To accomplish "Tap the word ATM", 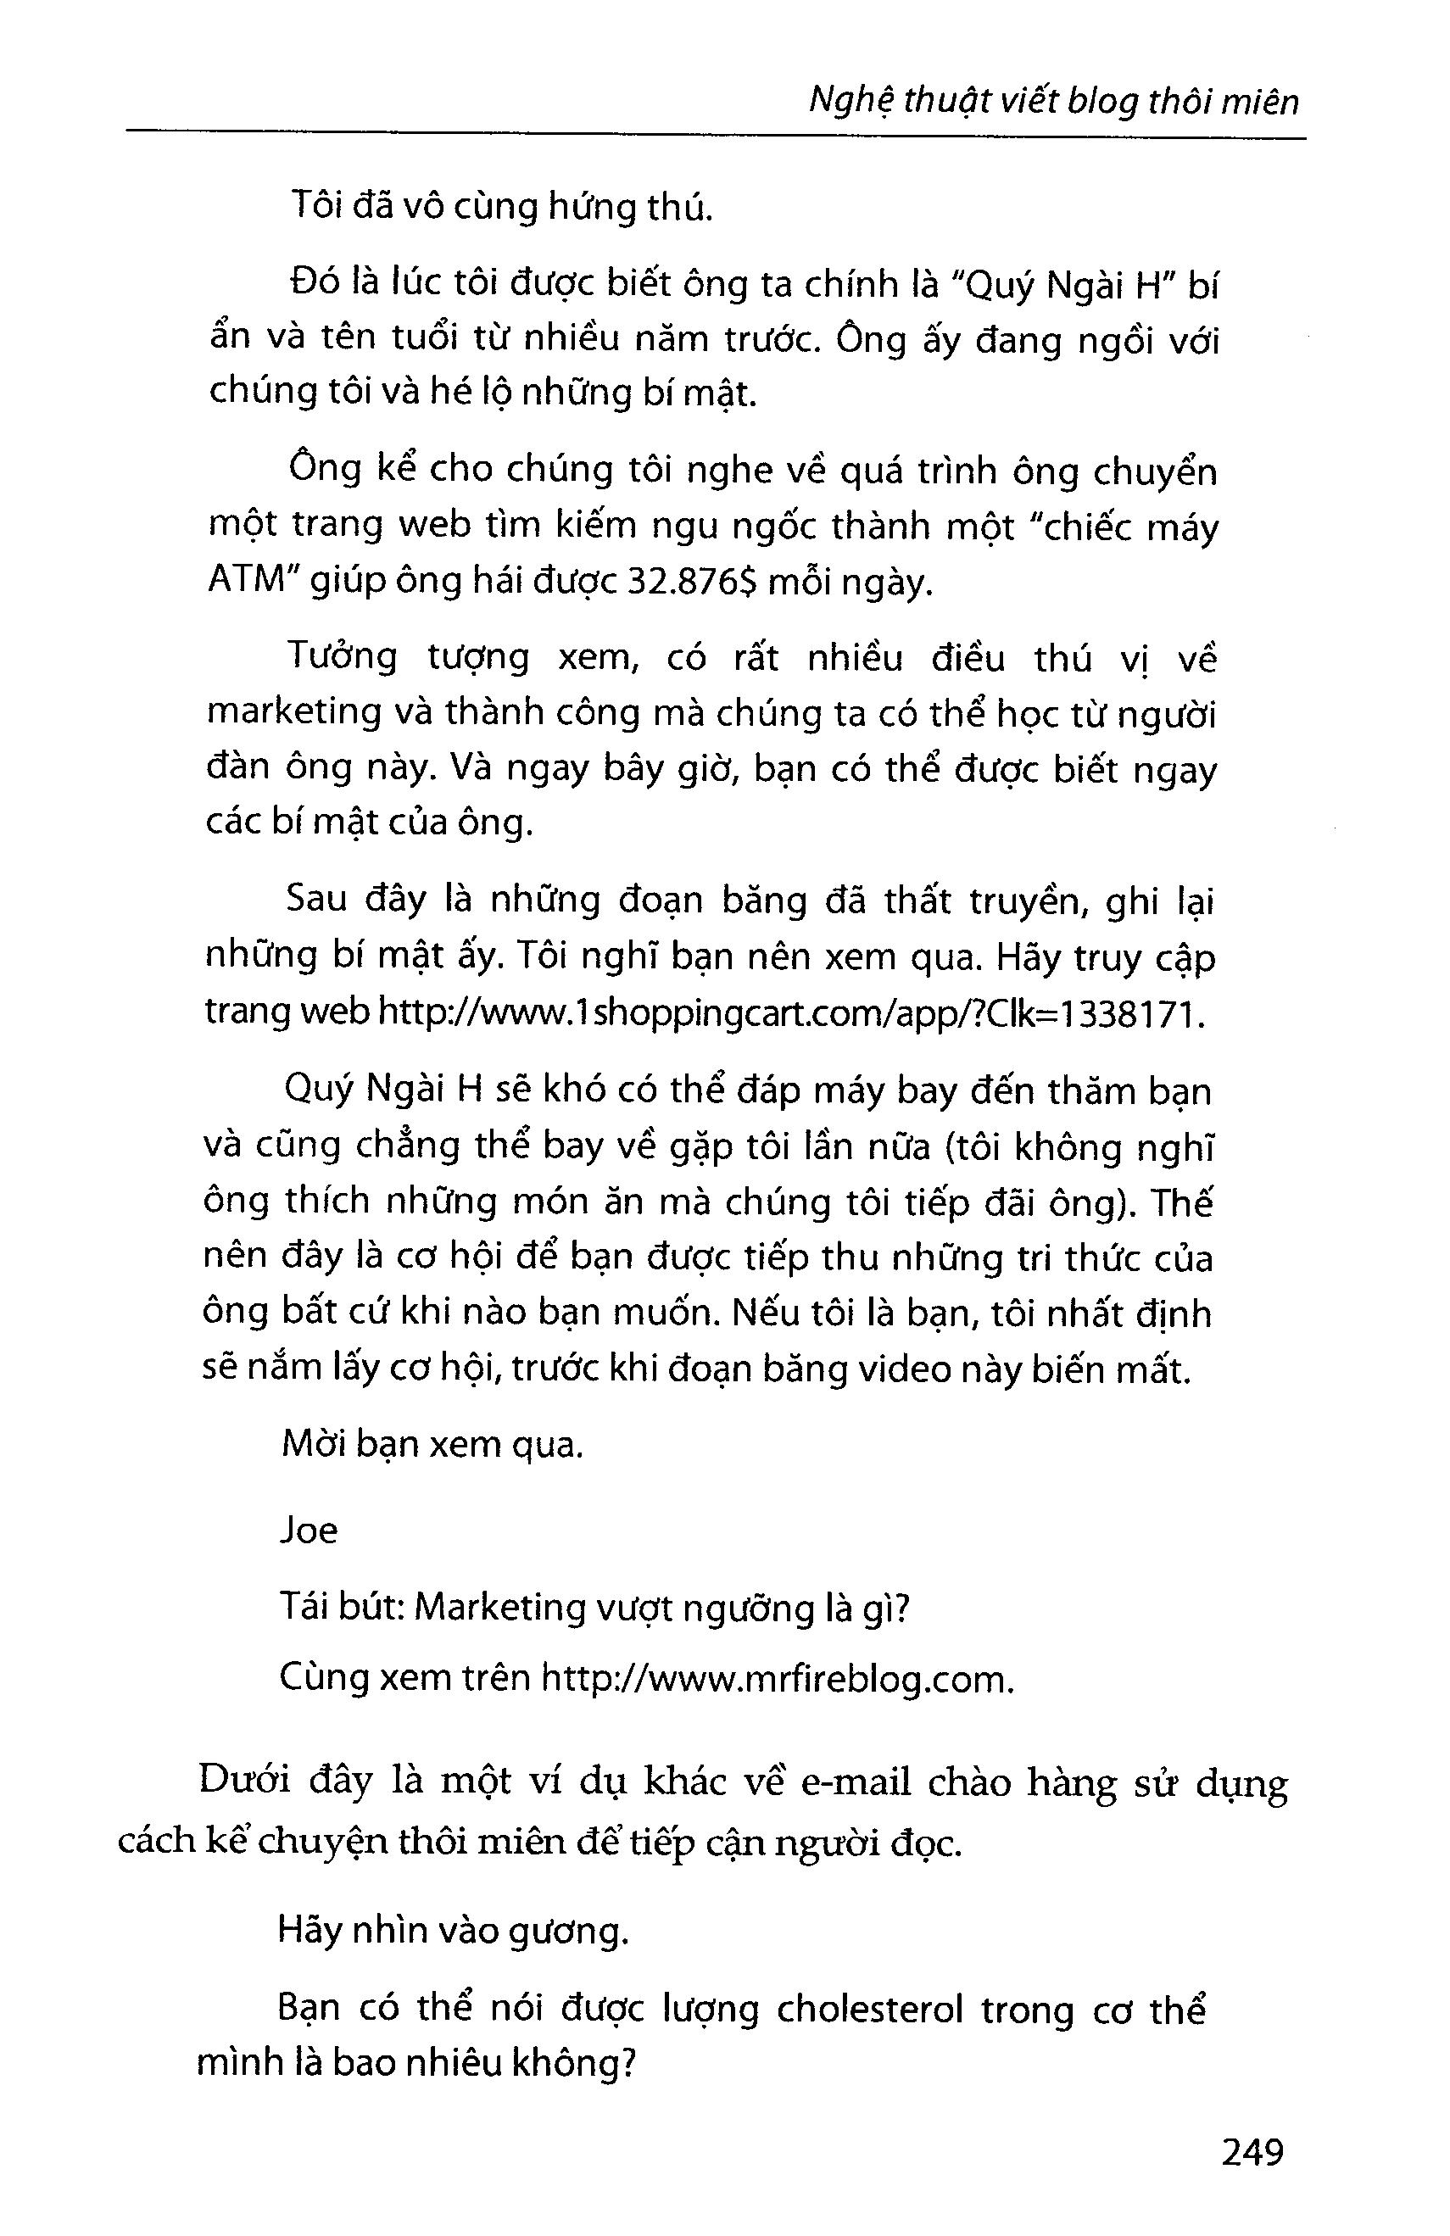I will click(x=245, y=580).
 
